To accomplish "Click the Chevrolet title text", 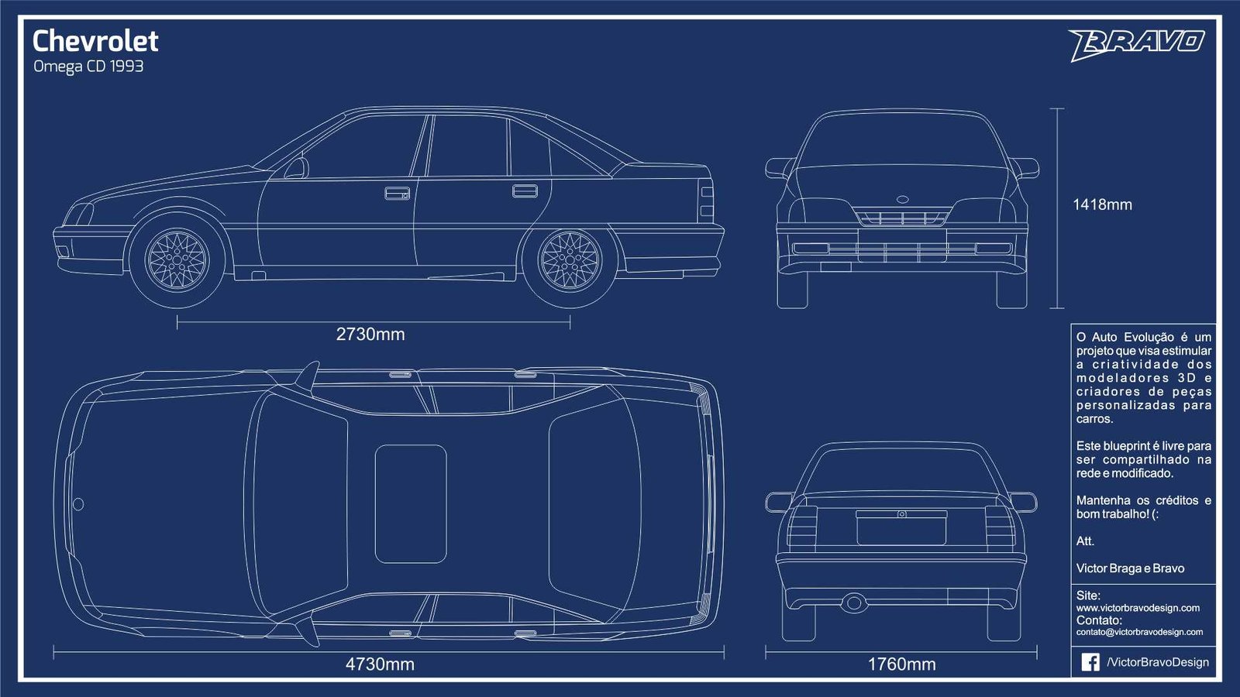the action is coord(96,41).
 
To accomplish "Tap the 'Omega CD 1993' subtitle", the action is coord(88,67).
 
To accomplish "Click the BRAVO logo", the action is coord(1136,44).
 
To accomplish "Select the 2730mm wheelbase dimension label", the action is coord(370,334).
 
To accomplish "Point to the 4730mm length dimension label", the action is coord(380,664).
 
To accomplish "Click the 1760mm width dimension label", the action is coord(901,664).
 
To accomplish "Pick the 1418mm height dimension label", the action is coord(1102,204).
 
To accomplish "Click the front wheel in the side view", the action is coord(177,260).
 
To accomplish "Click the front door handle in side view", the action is coord(398,193).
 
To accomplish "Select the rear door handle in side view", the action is coord(525,191).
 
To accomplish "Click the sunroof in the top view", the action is coord(411,504).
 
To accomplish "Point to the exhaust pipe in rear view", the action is coord(853,603).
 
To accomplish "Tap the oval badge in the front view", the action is coord(902,199).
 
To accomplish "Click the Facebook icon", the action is coord(1090,662).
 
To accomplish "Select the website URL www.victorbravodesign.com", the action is coord(1138,608).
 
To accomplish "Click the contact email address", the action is coord(1139,632).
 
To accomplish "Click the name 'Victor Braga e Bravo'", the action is coord(1131,568).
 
